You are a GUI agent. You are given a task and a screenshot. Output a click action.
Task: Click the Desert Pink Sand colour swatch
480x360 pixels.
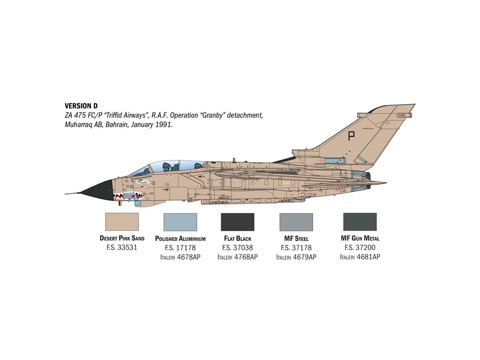coord(122,222)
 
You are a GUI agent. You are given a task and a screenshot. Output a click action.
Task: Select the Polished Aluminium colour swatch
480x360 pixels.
coord(180,222)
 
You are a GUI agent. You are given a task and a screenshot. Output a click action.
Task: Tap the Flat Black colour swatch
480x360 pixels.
coord(237,222)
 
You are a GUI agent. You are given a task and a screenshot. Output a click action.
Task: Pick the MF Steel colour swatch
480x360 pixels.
coord(296,222)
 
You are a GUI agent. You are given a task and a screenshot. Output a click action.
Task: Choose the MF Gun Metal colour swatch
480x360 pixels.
coord(360,222)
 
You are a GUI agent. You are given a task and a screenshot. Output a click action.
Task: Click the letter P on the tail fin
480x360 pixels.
coord(351,136)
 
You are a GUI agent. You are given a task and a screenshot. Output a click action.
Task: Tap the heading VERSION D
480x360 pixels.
coord(81,106)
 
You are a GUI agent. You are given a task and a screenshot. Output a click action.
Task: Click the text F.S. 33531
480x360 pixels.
coord(122,247)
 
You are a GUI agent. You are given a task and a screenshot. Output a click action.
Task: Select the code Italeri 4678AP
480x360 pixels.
coord(180,257)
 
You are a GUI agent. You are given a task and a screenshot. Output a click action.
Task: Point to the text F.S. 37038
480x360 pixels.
coord(237,247)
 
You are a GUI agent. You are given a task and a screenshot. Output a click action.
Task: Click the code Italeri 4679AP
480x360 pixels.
coord(296,257)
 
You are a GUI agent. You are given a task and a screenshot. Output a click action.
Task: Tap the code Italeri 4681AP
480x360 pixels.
coord(360,257)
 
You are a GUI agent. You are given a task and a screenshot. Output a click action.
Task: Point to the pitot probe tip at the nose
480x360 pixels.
coord(66,193)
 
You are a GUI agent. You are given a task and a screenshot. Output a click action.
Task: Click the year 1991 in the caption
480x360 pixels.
coord(165,125)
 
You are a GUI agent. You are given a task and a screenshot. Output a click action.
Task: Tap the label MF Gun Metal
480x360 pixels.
coord(360,239)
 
